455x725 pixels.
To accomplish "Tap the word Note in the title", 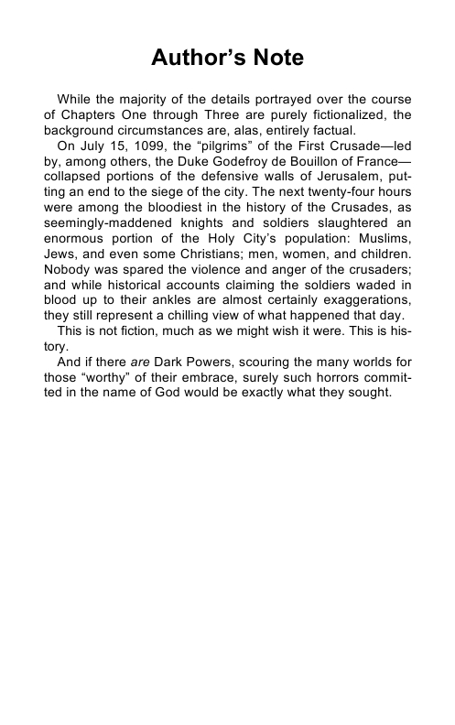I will coord(273,60).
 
